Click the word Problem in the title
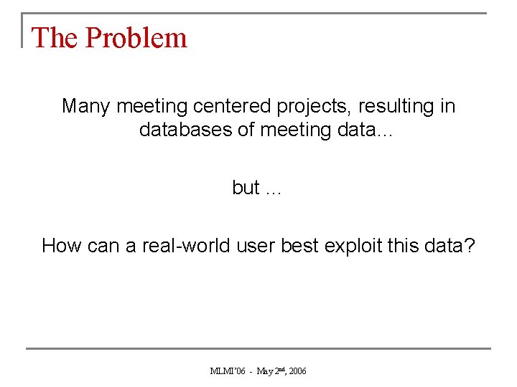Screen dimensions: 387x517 (x=136, y=38)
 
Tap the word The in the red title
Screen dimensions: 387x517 (x=56, y=38)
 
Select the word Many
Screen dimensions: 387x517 (x=86, y=106)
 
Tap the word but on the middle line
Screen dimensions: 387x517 (x=246, y=188)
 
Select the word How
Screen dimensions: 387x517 (x=61, y=246)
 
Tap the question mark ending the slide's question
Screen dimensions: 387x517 (x=470, y=246)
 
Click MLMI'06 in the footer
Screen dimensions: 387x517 (x=228, y=371)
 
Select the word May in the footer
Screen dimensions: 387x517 (x=265, y=371)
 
